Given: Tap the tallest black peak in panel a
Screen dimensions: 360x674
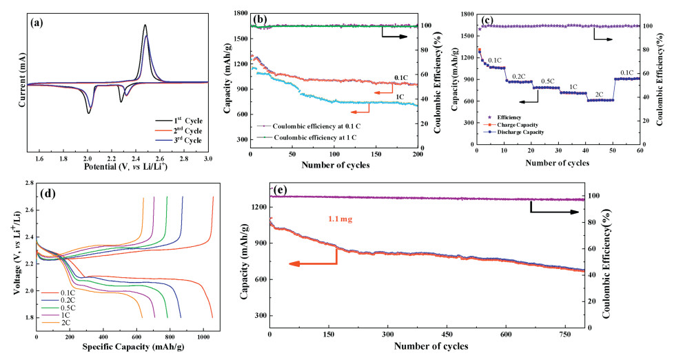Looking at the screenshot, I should tap(145, 26).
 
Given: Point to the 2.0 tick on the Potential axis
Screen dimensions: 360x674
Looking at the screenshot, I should tap(88, 158).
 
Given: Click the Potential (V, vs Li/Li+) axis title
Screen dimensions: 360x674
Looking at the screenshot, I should tap(116, 168).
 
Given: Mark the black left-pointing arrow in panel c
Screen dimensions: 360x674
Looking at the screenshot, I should tap(529, 101).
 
